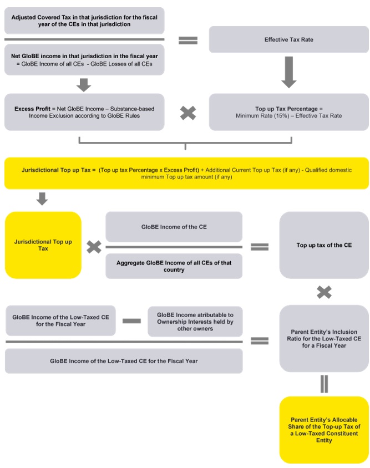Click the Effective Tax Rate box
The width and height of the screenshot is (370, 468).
coord(289,39)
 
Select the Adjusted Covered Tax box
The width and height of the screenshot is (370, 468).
coord(84,21)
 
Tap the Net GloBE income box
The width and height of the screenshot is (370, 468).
coord(84,60)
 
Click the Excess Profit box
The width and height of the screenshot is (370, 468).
coord(84,112)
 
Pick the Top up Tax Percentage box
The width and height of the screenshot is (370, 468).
coord(289,112)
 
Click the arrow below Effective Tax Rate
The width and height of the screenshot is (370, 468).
coord(289,73)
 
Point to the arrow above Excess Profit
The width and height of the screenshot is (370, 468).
coord(84,85)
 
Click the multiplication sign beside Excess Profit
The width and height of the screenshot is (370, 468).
coord(188,113)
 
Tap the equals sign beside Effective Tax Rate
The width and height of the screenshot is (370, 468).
coord(188,40)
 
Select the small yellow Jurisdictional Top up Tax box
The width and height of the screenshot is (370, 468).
coord(43,245)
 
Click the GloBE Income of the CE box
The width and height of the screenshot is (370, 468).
coord(174,227)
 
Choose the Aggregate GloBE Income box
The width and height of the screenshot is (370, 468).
coord(174,266)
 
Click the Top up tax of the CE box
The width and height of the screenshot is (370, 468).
coord(324,245)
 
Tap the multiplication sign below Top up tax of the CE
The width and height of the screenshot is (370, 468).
coord(324,292)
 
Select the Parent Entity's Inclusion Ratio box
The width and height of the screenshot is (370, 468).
coord(324,338)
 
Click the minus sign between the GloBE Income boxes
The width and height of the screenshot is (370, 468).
coord(131,321)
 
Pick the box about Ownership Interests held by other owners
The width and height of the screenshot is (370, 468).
coord(195,322)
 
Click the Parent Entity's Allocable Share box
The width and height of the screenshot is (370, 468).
coord(324,430)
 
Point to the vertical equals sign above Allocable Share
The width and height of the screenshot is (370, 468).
coord(324,384)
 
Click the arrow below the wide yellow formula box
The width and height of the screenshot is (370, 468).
coord(42,199)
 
